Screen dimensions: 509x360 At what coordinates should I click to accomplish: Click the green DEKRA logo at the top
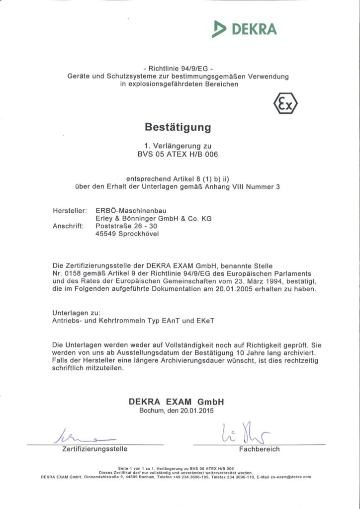pyautogui.click(x=244, y=29)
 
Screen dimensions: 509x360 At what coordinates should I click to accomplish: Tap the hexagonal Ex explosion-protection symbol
pyautogui.click(x=285, y=105)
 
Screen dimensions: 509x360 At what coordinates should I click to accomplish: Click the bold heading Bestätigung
pyautogui.click(x=178, y=127)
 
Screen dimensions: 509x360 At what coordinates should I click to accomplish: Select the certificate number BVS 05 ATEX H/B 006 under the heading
pyautogui.click(x=178, y=154)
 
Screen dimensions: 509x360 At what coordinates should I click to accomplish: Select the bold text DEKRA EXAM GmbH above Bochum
pyautogui.click(x=177, y=402)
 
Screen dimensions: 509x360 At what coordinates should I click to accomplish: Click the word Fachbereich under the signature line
pyautogui.click(x=259, y=449)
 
